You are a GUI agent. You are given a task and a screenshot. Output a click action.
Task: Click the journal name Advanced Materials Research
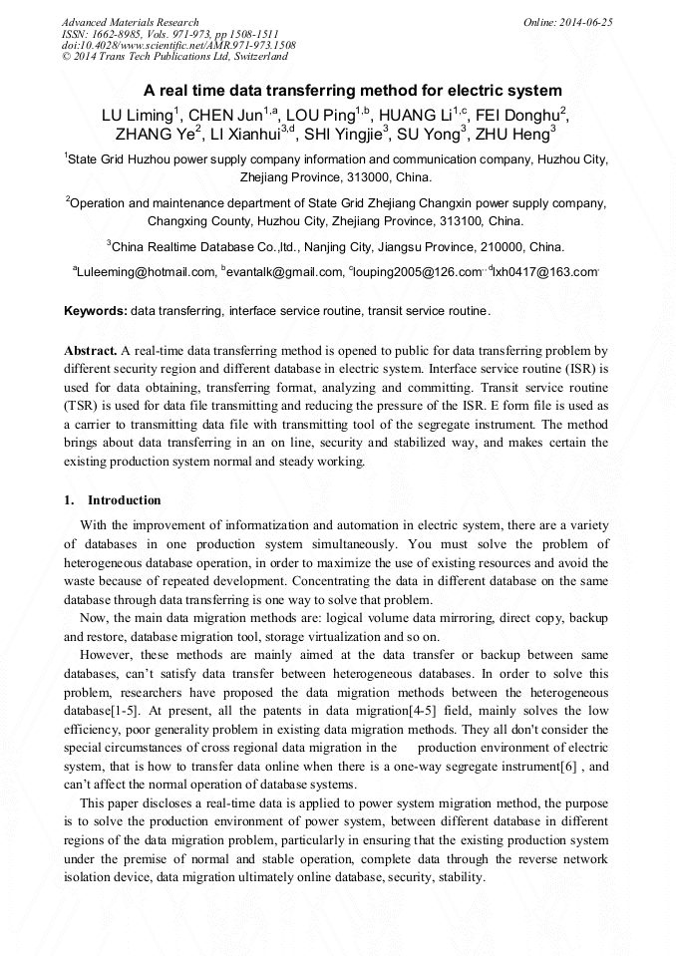click(130, 22)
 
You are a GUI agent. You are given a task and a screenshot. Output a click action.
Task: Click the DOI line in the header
click(178, 45)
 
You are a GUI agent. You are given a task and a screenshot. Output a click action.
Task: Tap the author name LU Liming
click(137, 114)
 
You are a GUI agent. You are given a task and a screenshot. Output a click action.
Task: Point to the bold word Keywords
click(95, 311)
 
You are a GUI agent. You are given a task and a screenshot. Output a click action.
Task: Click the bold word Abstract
click(90, 351)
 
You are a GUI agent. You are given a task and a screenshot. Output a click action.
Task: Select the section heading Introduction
click(124, 500)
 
